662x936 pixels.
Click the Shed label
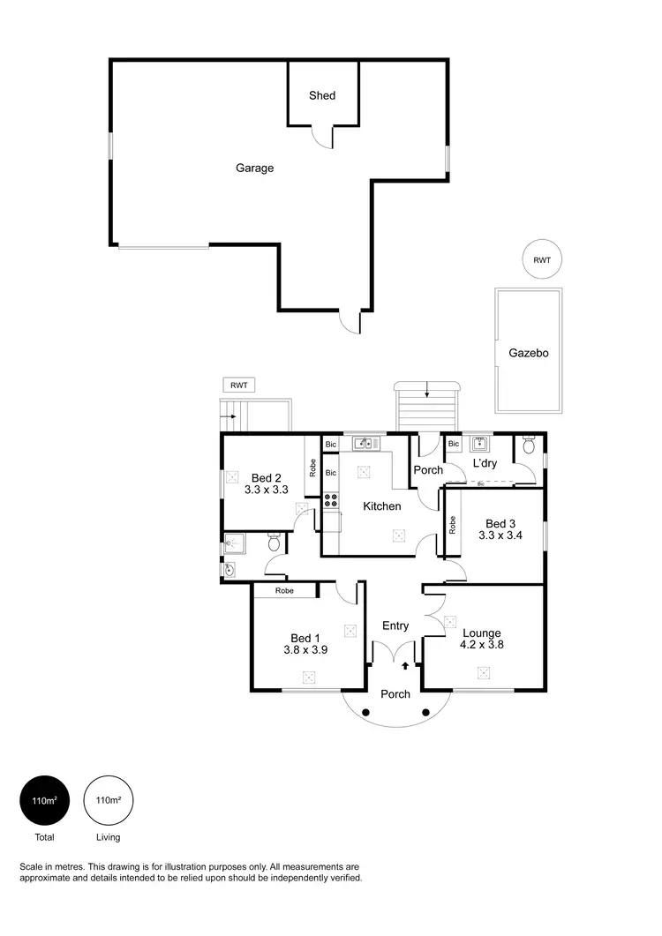[x=322, y=95]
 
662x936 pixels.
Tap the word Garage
[x=254, y=168]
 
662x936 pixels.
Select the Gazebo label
[x=529, y=353]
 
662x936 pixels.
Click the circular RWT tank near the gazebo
[x=541, y=259]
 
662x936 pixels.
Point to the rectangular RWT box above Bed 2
[x=238, y=386]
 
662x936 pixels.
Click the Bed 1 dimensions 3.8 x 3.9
[x=305, y=650]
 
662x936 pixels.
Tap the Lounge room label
[x=482, y=633]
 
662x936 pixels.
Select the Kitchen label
[x=382, y=506]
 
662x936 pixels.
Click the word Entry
[x=395, y=626]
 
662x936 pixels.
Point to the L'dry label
[x=485, y=463]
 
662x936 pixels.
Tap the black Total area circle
[x=44, y=801]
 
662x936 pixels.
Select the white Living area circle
[x=108, y=801]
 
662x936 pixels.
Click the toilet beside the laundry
[x=529, y=447]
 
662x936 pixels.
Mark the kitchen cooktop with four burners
[x=332, y=500]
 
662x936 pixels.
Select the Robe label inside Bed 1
[x=284, y=591]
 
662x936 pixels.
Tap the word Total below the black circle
[x=44, y=837]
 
